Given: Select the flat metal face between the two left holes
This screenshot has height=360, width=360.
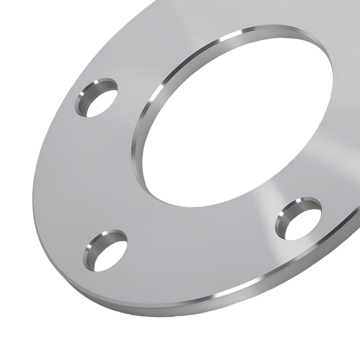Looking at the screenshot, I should pos(83,173).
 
